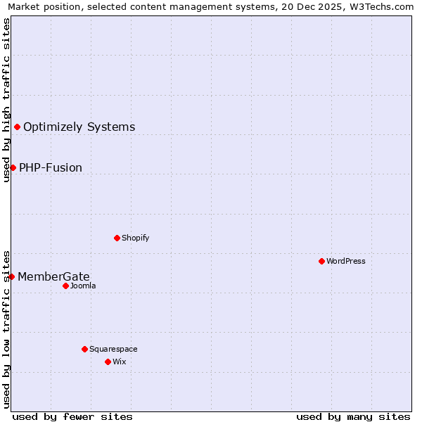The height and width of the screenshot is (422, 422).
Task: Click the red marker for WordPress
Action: [x=321, y=261]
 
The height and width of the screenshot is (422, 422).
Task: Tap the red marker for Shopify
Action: [x=117, y=238]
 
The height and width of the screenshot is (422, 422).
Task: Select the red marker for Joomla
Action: [x=65, y=286]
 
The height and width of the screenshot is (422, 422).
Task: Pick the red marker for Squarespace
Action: [x=84, y=349]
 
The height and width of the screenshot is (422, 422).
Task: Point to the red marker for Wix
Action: [x=108, y=362]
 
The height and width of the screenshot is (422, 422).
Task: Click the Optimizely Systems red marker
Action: [x=17, y=127]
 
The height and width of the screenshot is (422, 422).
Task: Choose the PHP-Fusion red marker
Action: [x=13, y=167]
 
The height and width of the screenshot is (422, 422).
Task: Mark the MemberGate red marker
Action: [x=11, y=276]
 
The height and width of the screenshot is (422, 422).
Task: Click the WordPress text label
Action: [x=346, y=261]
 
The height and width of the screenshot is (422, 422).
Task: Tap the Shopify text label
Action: [x=136, y=238]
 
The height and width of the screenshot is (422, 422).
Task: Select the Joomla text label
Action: [x=83, y=286]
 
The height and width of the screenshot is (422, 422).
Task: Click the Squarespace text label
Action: [x=113, y=349]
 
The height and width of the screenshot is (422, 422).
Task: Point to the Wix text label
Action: [x=119, y=362]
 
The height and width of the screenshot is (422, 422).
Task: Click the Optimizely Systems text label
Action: [x=79, y=127]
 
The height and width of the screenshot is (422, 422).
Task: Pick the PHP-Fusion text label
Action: [x=51, y=167]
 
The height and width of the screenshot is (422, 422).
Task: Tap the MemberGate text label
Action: [x=53, y=276]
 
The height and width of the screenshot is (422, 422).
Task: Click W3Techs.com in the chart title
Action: [x=381, y=7]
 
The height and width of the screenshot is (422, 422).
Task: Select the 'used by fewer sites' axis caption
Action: [x=72, y=416]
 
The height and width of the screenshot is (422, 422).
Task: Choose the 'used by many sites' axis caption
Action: [x=353, y=416]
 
